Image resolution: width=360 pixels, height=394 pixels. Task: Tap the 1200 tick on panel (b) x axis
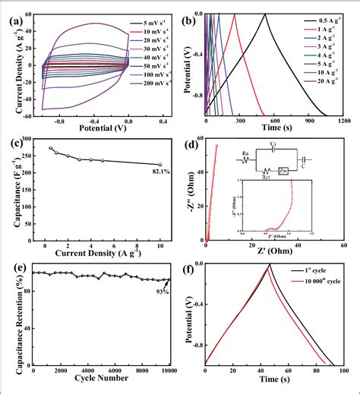point(343,121)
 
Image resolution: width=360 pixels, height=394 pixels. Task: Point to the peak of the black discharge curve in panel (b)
point(266,14)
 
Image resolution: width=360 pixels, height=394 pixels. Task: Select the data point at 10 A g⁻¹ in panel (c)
point(159,165)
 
